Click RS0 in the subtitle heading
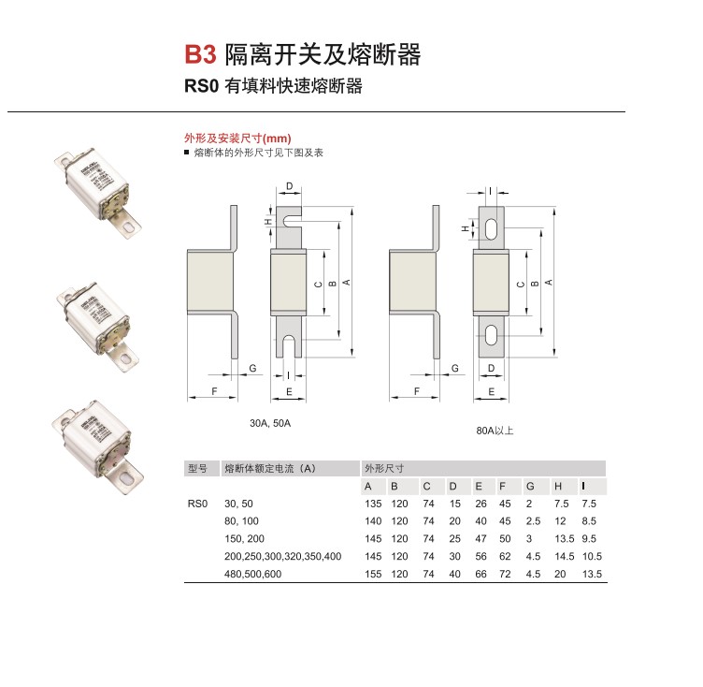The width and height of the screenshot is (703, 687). click(x=200, y=87)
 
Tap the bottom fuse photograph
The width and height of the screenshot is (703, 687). click(x=98, y=449)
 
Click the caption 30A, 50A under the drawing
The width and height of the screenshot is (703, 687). click(x=270, y=423)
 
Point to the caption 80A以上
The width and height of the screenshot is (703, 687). click(x=495, y=431)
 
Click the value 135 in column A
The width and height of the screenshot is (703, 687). click(x=372, y=504)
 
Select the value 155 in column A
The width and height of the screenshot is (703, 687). click(x=372, y=574)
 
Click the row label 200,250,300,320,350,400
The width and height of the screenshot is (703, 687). click(x=283, y=556)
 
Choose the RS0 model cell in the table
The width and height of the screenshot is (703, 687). click(x=196, y=504)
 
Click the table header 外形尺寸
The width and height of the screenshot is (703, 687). click(x=384, y=468)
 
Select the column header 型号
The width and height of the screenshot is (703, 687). click(x=196, y=468)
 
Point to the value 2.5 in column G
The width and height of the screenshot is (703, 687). click(x=533, y=521)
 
